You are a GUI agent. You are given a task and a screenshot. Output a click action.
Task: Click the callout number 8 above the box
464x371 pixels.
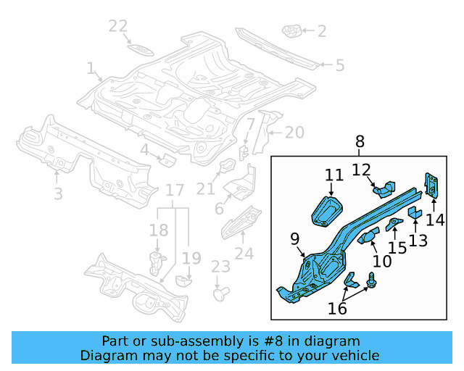[x=360, y=142]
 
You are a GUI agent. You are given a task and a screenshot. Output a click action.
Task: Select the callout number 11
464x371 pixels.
[x=333, y=175]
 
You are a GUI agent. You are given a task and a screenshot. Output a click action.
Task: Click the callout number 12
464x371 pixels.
[x=362, y=170]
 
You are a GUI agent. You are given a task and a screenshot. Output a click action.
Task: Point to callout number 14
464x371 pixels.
[x=435, y=220]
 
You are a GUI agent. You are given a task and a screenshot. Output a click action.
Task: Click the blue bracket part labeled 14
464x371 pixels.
[x=432, y=185]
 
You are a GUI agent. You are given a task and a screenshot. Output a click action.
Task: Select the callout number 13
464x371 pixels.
[x=418, y=240]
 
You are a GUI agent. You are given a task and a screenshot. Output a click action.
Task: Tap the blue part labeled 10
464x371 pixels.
[x=367, y=235]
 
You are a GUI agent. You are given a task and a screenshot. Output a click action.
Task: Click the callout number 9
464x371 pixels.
[x=295, y=238]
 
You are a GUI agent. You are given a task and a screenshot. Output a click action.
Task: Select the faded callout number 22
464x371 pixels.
[x=118, y=27]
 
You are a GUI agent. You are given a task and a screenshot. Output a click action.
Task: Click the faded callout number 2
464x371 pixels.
[x=321, y=31]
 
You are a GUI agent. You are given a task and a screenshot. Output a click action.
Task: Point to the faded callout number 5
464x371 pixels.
[x=339, y=65]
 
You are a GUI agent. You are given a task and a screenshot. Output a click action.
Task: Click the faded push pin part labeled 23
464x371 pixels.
[x=220, y=294]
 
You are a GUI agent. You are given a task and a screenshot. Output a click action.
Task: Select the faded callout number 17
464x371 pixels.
[x=174, y=191]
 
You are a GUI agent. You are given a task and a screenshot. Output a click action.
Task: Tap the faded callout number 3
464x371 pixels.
[x=58, y=193]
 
